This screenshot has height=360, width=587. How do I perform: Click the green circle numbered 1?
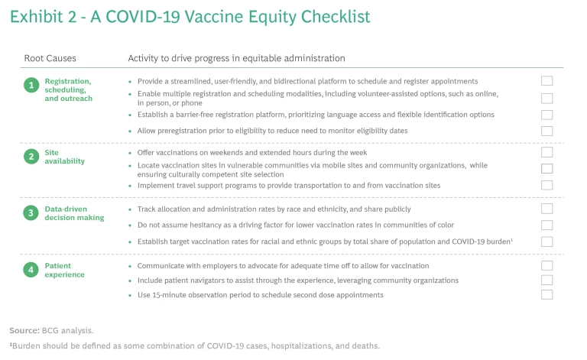(x=31, y=86)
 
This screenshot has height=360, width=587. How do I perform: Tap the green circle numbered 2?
(x=31, y=157)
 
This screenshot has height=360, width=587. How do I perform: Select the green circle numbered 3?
(x=31, y=213)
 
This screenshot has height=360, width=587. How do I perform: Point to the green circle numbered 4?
(x=31, y=270)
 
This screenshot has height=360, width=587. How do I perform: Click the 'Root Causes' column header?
(x=49, y=58)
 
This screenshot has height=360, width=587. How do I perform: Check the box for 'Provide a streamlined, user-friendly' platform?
(x=546, y=81)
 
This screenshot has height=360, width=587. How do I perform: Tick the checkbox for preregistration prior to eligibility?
(x=546, y=131)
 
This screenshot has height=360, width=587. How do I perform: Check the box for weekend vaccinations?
(x=546, y=152)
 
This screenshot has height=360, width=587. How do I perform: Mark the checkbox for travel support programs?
(x=546, y=185)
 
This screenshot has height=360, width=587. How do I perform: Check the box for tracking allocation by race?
(x=546, y=209)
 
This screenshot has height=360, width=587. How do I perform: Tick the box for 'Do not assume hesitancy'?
(x=546, y=225)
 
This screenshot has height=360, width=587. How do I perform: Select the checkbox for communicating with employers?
(x=546, y=265)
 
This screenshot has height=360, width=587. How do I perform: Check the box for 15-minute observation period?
(x=546, y=294)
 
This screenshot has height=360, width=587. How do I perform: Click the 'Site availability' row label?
(x=64, y=157)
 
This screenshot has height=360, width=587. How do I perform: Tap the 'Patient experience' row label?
(x=64, y=270)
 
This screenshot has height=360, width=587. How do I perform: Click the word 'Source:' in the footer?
(x=24, y=330)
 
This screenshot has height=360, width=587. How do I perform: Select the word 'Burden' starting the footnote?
(x=28, y=345)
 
